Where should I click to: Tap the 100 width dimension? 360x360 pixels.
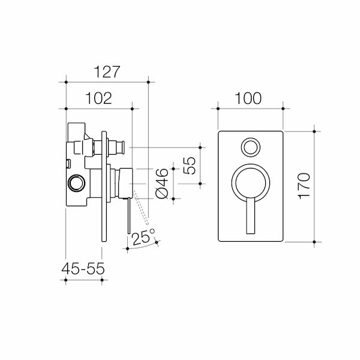pos(249,98)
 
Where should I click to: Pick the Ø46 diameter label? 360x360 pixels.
pos(160,182)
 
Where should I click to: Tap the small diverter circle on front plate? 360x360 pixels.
pos(250,146)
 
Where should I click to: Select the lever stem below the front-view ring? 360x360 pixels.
pos(250,217)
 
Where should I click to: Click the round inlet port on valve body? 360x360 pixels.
pos(76,182)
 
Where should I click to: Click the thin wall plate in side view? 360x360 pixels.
pos(106,186)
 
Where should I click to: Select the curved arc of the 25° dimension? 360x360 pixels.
pos(142,248)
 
